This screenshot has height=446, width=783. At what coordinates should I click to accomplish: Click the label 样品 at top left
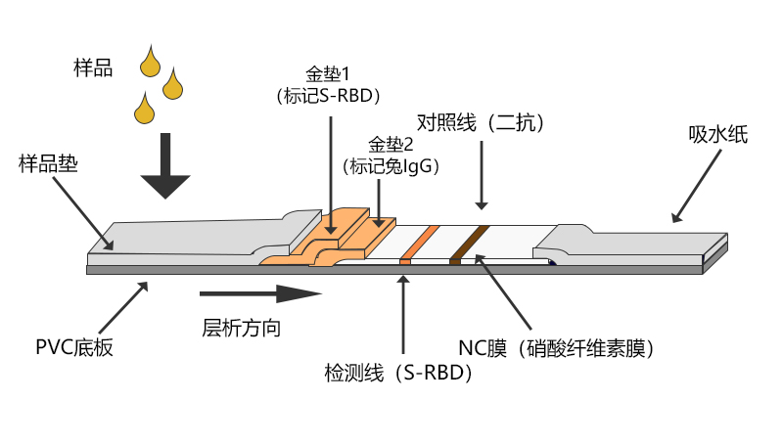(x=93, y=68)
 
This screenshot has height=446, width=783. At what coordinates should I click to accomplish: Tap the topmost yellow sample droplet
(x=150, y=62)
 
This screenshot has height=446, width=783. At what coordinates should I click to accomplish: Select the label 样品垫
(x=48, y=164)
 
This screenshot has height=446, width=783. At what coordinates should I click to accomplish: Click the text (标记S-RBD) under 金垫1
(x=328, y=96)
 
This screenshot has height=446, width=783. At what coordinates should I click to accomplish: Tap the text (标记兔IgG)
(x=391, y=166)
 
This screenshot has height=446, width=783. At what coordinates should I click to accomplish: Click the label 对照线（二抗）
(x=480, y=122)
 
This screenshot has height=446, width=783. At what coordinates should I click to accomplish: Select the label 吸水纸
(x=717, y=135)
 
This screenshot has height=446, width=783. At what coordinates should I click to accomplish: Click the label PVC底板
(x=73, y=347)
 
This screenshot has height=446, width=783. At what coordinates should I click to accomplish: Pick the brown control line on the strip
(x=468, y=244)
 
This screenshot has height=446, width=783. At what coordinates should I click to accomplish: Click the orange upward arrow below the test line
(x=403, y=313)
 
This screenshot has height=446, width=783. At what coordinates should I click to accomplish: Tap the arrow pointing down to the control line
(x=481, y=176)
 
